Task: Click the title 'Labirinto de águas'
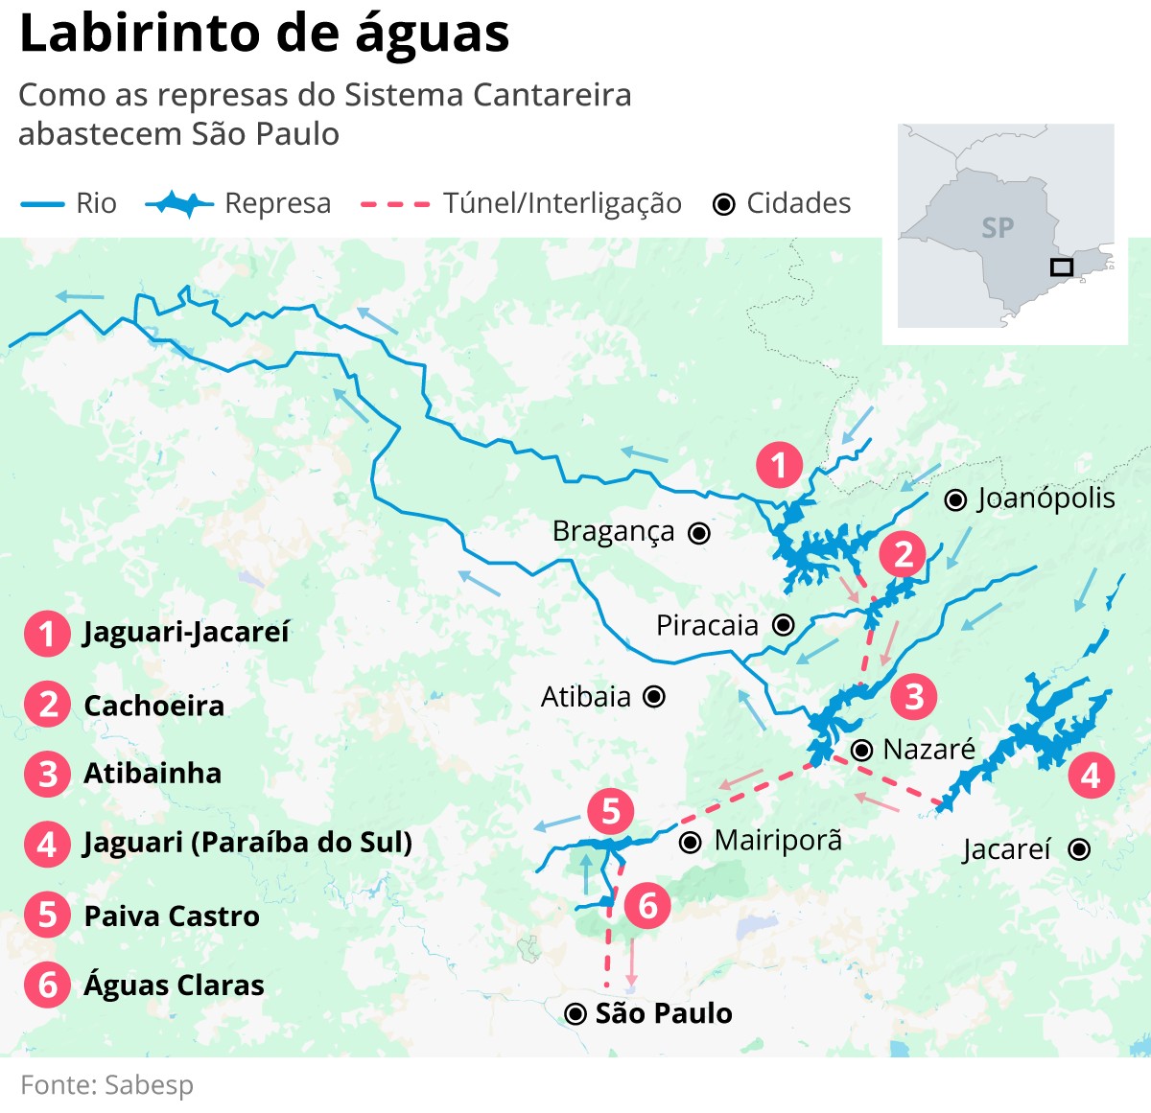[264, 35]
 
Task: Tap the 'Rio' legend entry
[95, 203]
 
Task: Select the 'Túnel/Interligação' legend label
[561, 203]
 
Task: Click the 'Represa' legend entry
[276, 203]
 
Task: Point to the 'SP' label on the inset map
[998, 228]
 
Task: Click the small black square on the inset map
[1061, 267]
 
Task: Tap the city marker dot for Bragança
[700, 533]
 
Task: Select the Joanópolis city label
[1045, 499]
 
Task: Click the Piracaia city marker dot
[784, 625]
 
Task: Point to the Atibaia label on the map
[586, 697]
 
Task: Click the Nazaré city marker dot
[861, 750]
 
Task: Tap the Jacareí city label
[1007, 849]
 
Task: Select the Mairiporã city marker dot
[690, 843]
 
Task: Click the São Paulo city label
[664, 1013]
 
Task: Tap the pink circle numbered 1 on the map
[779, 465]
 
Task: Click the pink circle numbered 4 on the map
[1091, 775]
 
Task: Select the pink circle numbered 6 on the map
[647, 905]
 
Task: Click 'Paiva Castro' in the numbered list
[172, 916]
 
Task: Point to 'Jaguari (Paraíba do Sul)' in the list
[247, 843]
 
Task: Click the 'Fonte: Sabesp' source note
[107, 1085]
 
